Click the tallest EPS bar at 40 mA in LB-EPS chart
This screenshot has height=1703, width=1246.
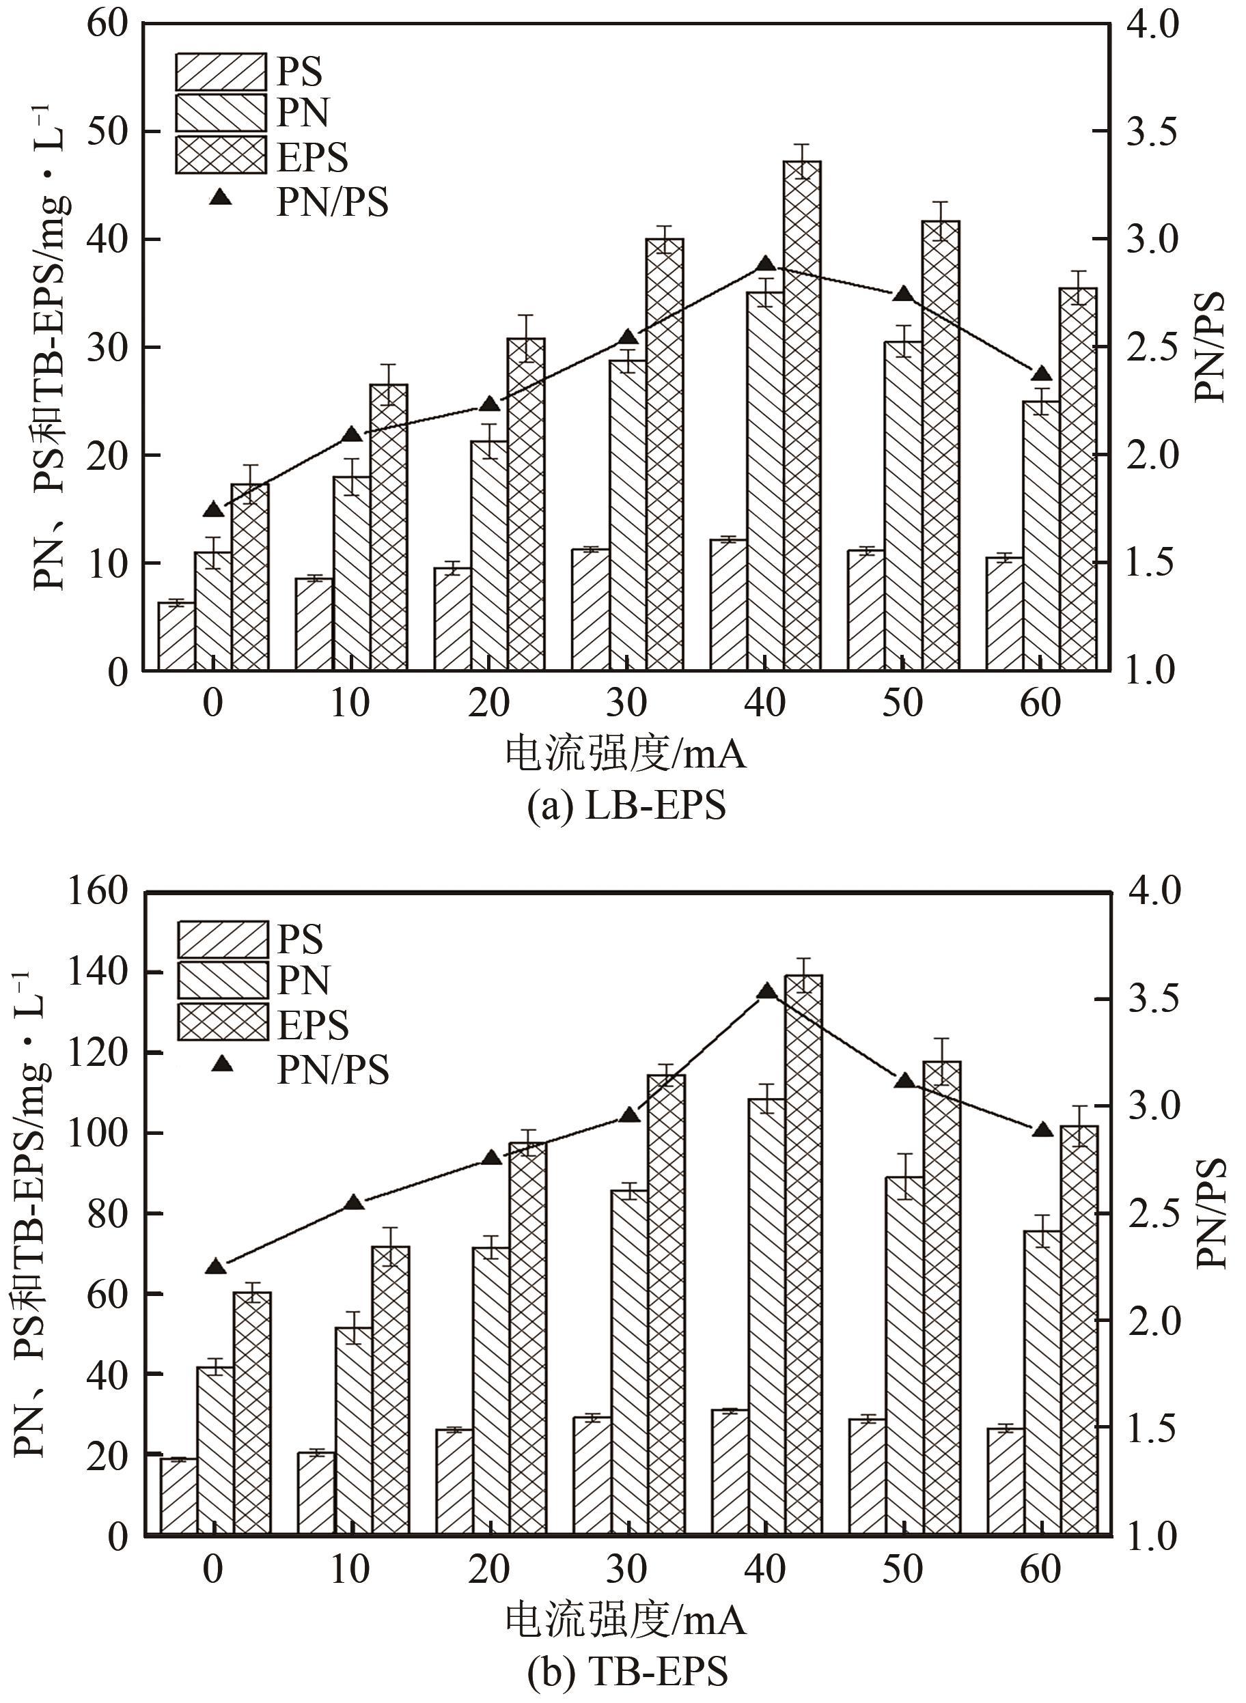(802, 414)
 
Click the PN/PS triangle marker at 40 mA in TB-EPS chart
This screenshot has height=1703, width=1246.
(766, 991)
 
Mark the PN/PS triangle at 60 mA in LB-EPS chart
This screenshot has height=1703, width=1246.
(1042, 375)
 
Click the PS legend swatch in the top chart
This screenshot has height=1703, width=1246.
(221, 72)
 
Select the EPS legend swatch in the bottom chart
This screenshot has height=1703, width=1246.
(223, 1022)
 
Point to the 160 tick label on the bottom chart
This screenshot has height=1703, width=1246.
(98, 892)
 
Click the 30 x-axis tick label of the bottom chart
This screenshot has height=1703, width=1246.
(628, 1571)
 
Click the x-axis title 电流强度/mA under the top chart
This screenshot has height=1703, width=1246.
(626, 755)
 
